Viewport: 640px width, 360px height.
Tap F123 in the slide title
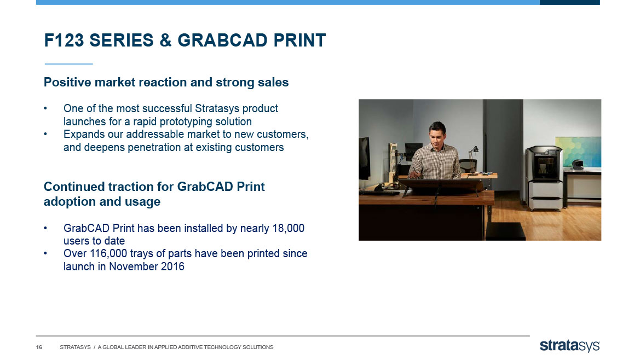(x=64, y=40)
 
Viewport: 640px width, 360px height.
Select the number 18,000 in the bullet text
(x=288, y=228)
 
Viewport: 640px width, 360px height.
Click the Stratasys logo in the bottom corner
(x=570, y=346)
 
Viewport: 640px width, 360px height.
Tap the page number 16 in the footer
(x=39, y=347)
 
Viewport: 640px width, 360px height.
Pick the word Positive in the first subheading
(x=67, y=83)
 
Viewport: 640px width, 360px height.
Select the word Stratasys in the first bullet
(x=217, y=108)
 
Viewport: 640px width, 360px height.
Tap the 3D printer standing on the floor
(x=544, y=178)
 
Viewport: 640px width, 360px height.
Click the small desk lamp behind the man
(x=474, y=161)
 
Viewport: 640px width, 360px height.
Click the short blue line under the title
(x=68, y=64)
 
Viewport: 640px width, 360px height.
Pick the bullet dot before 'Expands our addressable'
(x=46, y=134)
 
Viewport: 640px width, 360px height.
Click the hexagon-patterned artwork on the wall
(x=578, y=152)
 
